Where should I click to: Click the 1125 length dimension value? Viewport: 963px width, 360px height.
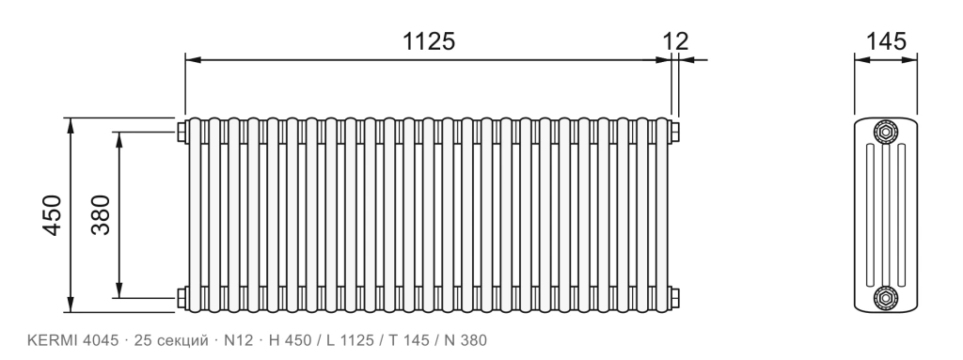429,41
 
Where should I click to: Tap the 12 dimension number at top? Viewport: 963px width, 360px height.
675,41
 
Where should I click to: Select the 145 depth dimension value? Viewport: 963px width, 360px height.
886,41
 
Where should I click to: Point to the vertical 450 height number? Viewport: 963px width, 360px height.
53,215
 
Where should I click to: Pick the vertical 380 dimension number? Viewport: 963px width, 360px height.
101,215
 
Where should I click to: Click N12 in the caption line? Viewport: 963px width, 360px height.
238,340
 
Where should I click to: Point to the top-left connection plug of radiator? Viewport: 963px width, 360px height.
182,133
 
